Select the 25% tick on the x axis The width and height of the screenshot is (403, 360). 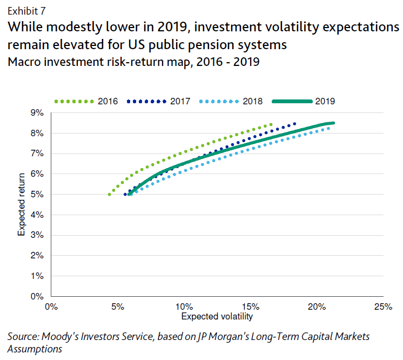[x=382, y=307]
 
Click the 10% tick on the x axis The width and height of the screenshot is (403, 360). [x=184, y=307]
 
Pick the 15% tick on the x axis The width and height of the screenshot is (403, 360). [x=250, y=307]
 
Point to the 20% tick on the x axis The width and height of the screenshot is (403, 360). [x=317, y=307]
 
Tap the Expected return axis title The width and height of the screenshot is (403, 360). [x=22, y=204]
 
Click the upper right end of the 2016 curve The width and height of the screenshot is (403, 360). [x=271, y=124]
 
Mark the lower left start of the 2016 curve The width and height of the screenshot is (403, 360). [x=110, y=195]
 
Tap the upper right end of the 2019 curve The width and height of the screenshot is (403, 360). [x=333, y=123]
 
